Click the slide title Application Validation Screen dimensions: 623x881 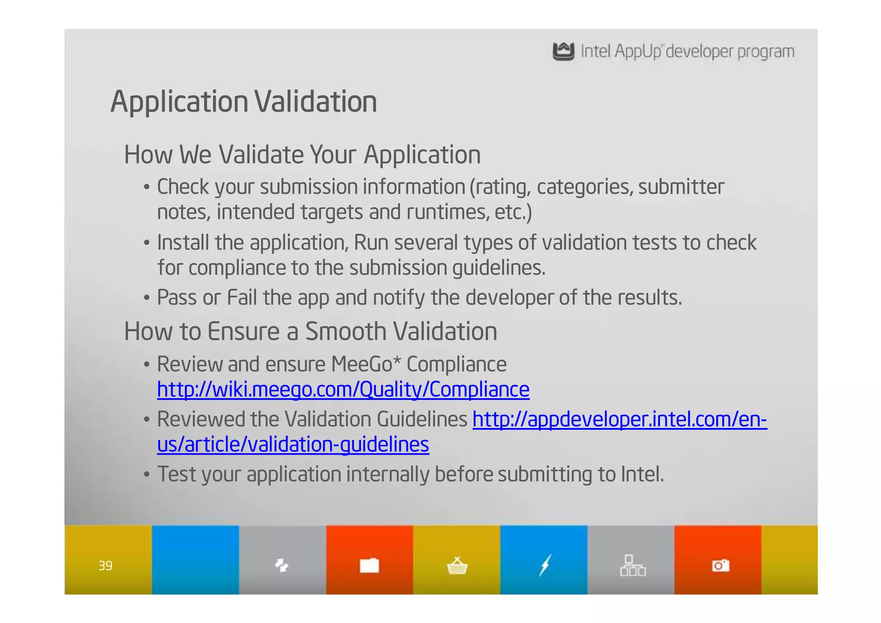click(x=243, y=102)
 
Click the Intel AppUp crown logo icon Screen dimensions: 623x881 click(x=563, y=52)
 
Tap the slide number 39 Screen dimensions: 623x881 click(x=105, y=565)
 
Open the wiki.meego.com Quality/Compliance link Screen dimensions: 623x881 click(x=343, y=390)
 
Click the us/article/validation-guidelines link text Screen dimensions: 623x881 click(x=293, y=444)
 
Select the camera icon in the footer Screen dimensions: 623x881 click(x=721, y=565)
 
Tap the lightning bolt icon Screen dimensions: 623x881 click(x=545, y=565)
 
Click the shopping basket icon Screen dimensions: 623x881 click(x=457, y=566)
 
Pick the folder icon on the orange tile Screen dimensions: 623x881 click(x=370, y=565)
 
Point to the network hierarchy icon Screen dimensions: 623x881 click(x=632, y=565)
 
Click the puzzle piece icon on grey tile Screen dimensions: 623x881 click(x=282, y=565)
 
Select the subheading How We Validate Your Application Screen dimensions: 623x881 click(x=302, y=155)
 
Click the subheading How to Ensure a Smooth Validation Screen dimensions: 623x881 click(x=310, y=331)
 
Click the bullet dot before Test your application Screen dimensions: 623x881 click(x=147, y=475)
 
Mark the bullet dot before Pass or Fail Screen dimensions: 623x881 click(x=147, y=298)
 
